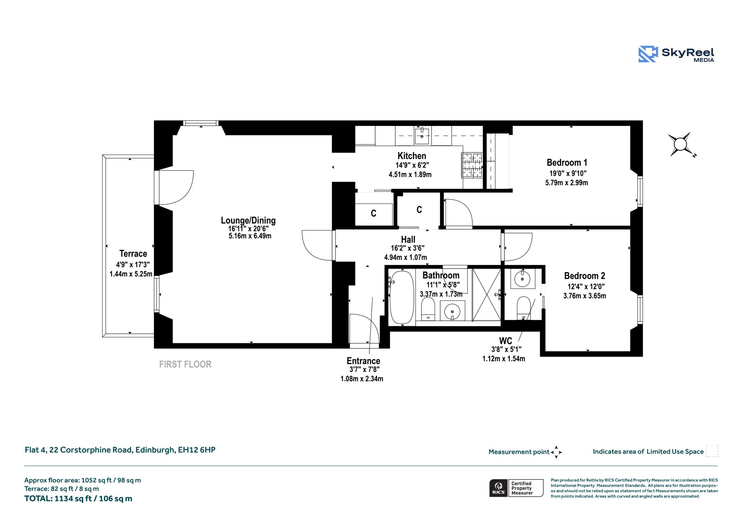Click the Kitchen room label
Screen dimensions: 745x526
pyautogui.click(x=412, y=156)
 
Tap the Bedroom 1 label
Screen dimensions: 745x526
pyautogui.click(x=567, y=163)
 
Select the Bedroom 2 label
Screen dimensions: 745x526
pyautogui.click(x=585, y=276)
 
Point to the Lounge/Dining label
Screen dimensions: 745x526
pyautogui.click(x=248, y=221)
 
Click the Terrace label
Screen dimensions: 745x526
pyautogui.click(x=133, y=254)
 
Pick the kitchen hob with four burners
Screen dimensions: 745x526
pyautogui.click(x=472, y=166)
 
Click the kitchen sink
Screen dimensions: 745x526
pyautogui.click(x=422, y=136)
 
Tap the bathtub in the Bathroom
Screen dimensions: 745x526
pyautogui.click(x=402, y=298)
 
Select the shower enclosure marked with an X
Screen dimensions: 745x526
pyautogui.click(x=486, y=295)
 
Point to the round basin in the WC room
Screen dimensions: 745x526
pyautogui.click(x=522, y=279)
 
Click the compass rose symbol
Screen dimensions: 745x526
pyautogui.click(x=680, y=144)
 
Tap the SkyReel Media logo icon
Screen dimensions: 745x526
pyautogui.click(x=648, y=54)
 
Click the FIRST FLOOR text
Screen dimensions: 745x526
pyautogui.click(x=185, y=365)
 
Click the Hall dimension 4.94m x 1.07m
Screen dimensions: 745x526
pyautogui.click(x=406, y=257)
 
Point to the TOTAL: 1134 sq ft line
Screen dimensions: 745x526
pyautogui.click(x=78, y=499)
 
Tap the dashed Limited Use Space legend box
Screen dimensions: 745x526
pyautogui.click(x=712, y=451)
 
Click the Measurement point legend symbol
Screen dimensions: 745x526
pyautogui.click(x=556, y=452)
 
